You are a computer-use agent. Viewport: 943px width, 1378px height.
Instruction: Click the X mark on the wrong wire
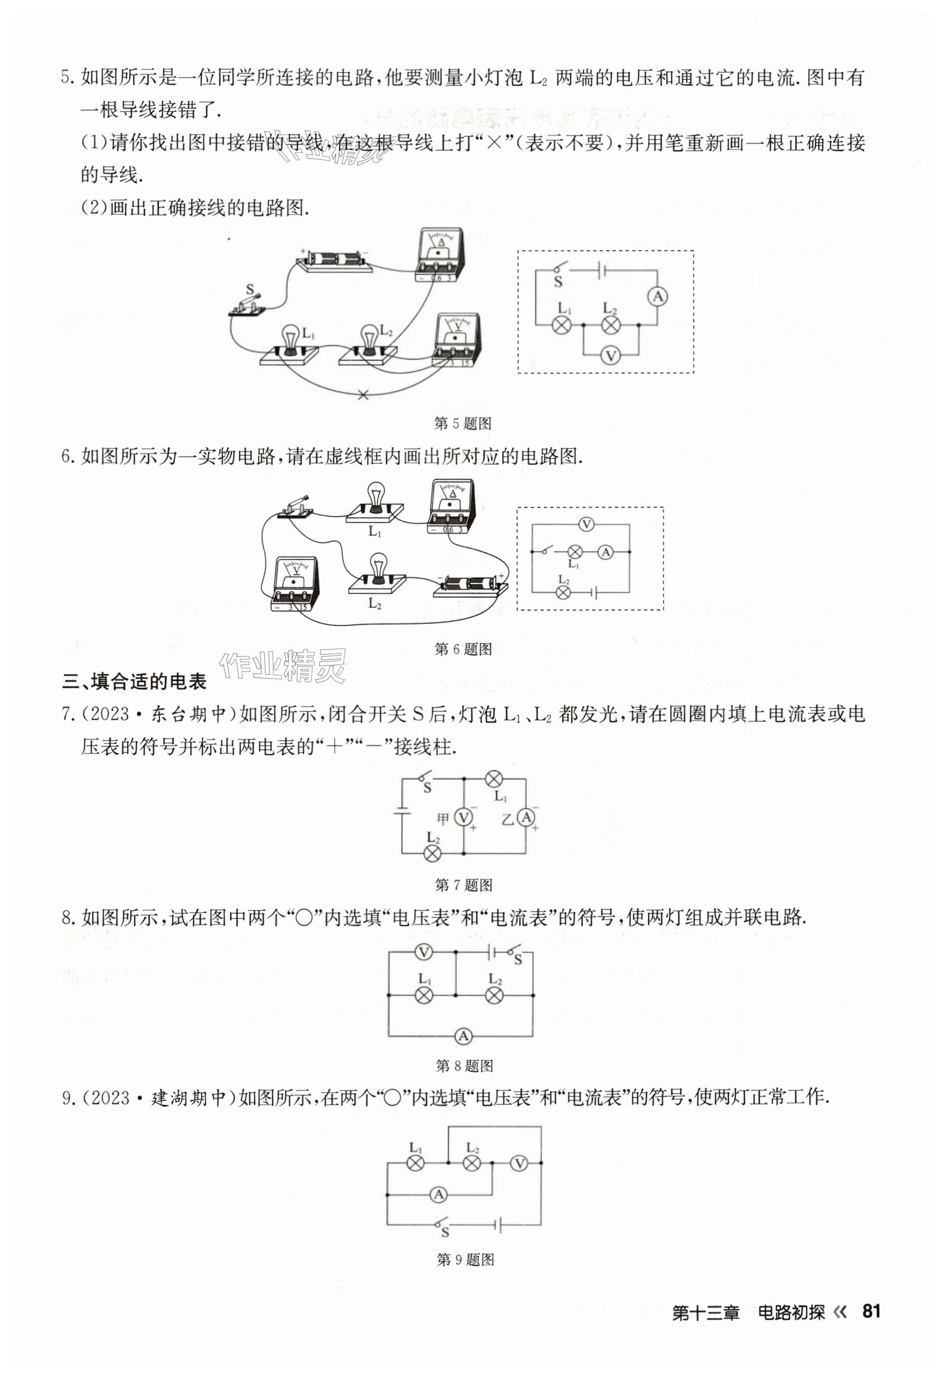(x=363, y=395)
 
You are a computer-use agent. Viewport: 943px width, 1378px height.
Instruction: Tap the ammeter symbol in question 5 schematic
(x=657, y=297)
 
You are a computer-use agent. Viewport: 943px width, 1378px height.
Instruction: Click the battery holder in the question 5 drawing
(x=334, y=260)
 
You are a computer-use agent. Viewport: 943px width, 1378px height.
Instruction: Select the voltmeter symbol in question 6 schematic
(x=587, y=524)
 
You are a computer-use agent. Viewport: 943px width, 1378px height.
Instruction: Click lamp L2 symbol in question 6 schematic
(x=563, y=592)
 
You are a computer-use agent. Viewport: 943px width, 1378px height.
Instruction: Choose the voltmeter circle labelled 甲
(x=463, y=818)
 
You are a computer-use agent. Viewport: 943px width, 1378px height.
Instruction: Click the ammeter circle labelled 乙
(x=526, y=818)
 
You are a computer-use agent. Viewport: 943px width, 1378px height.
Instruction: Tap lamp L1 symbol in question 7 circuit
(x=494, y=779)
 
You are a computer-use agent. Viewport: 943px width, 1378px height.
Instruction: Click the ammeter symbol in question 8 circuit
(x=463, y=1037)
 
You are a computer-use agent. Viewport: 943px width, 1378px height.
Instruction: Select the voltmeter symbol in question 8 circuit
(x=423, y=953)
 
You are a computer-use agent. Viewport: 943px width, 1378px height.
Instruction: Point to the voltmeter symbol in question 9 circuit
(x=519, y=1163)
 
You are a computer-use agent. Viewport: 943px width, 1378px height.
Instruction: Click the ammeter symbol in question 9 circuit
(x=438, y=1194)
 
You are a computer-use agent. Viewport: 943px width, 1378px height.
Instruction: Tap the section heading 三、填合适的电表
(x=134, y=682)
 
